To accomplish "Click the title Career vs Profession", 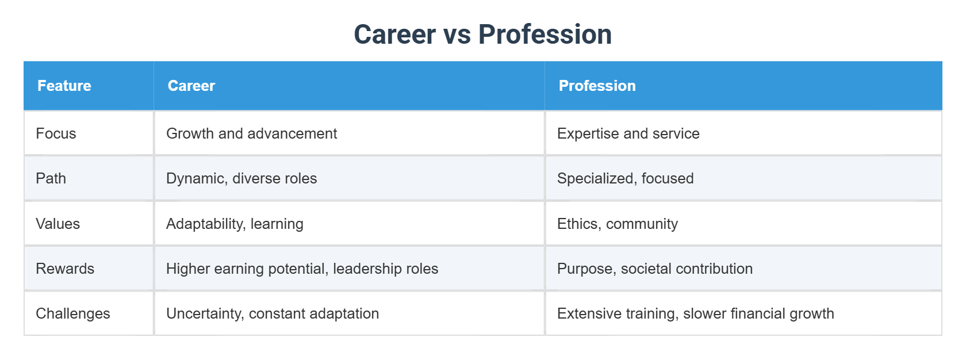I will point(482,35).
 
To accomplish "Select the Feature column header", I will point(64,86).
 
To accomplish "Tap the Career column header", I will point(191,86).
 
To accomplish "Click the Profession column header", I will point(597,86).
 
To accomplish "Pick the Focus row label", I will point(56,133).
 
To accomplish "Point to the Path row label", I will point(51,178).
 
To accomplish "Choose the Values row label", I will point(57,224).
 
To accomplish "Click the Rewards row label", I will point(65,269).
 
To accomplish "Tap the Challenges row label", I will point(73,313).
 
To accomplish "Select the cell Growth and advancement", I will point(251,133).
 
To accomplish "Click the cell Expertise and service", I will point(628,133).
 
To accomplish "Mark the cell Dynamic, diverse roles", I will point(241,178).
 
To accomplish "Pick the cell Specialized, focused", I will point(625,178).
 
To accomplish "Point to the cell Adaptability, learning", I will point(235,224).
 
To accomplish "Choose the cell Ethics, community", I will point(617,224).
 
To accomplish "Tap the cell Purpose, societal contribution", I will point(654,269).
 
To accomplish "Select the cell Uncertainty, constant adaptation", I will point(273,313).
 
